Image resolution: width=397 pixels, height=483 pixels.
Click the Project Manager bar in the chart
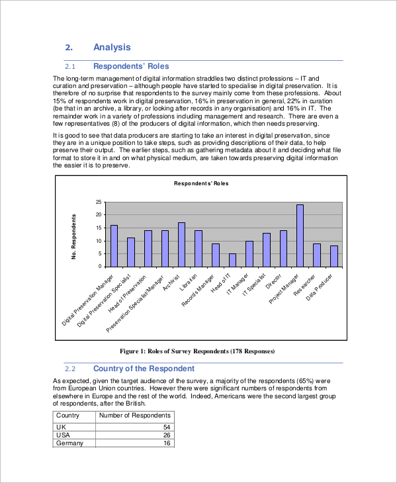pyautogui.click(x=300, y=236)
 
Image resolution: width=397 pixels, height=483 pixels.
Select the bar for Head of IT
pyautogui.click(x=232, y=260)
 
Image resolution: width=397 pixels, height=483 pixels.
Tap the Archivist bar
pyautogui.click(x=181, y=244)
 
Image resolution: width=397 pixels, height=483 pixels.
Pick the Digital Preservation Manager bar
pyautogui.click(x=114, y=245)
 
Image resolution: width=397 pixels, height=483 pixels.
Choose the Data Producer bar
pyautogui.click(x=334, y=256)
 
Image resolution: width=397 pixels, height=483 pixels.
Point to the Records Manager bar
pyautogui.click(x=215, y=255)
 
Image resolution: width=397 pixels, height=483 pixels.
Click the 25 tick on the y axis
pyautogui.click(x=99, y=202)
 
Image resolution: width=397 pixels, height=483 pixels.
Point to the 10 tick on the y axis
pyautogui.click(x=99, y=241)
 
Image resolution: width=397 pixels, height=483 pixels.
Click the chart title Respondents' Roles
pyautogui.click(x=200, y=183)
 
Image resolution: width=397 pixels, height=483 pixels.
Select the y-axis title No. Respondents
pyautogui.click(x=74, y=236)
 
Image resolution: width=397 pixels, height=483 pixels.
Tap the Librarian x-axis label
pyautogui.click(x=193, y=283)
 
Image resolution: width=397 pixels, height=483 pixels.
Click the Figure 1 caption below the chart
pyautogui.click(x=196, y=351)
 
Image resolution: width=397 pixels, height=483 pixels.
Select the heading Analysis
pyautogui.click(x=112, y=47)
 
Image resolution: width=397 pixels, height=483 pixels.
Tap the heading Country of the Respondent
pyautogui.click(x=144, y=369)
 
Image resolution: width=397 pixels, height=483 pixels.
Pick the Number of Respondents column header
pyautogui.click(x=134, y=416)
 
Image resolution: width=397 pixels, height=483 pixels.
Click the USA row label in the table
pyautogui.click(x=63, y=435)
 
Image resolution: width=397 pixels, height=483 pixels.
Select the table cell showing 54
pyautogui.click(x=167, y=428)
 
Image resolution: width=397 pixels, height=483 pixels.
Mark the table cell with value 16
pyautogui.click(x=167, y=443)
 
